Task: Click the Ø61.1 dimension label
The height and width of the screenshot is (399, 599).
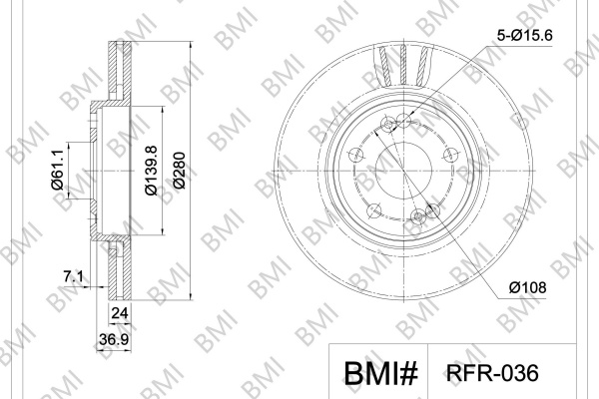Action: tap(58, 170)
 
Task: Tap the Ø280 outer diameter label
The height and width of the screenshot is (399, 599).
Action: tap(179, 171)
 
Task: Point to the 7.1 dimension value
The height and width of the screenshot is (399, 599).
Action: tap(73, 275)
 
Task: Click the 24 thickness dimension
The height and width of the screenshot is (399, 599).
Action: tap(119, 313)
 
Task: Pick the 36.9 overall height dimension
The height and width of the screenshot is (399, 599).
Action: tap(114, 339)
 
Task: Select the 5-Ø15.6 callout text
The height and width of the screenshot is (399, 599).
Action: tap(524, 36)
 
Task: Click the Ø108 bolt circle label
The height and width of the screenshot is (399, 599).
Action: tap(527, 287)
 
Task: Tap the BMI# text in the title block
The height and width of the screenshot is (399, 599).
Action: tap(381, 373)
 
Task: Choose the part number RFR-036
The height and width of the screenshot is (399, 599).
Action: tap(492, 372)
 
